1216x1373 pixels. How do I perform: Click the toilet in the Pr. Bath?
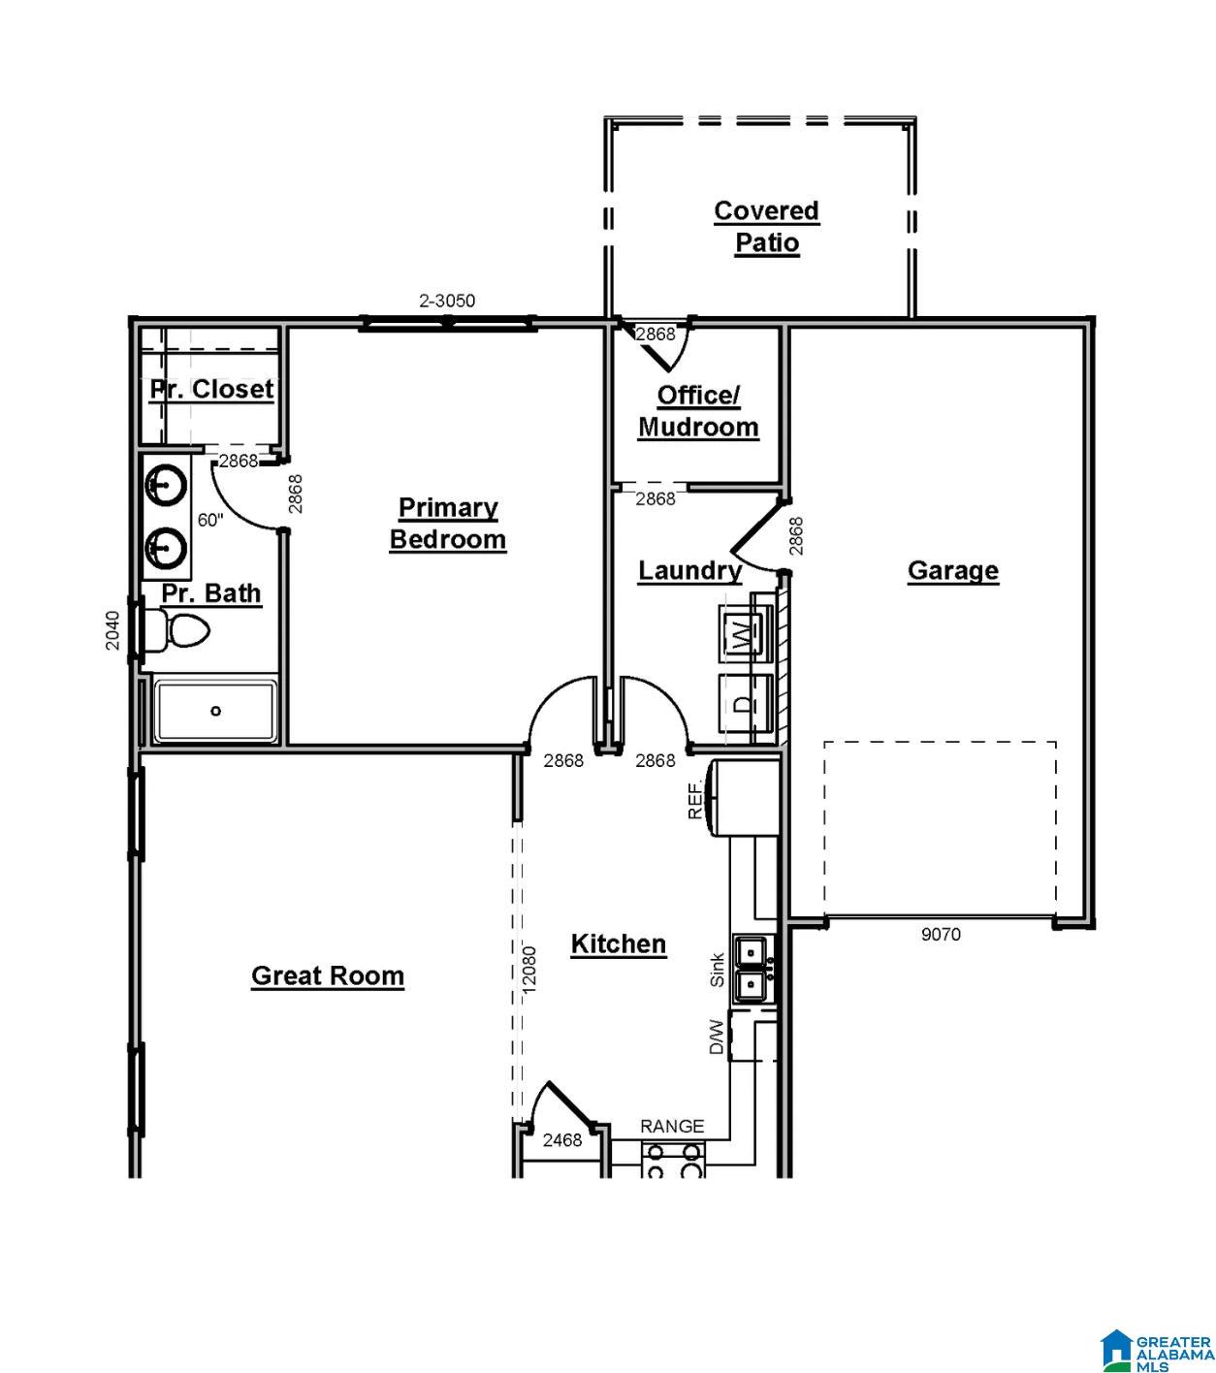point(176,630)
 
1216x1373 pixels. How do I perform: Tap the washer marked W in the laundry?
point(745,633)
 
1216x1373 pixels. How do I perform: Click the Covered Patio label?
point(766,226)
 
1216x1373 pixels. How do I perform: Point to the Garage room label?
point(952,570)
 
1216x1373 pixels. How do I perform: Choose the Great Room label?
point(328,975)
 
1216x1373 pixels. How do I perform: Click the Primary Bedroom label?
point(447,524)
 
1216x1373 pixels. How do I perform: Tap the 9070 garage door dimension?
point(941,935)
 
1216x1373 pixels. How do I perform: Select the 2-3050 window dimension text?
point(447,301)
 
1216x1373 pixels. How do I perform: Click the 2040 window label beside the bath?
point(112,630)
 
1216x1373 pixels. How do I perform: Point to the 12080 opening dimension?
point(528,970)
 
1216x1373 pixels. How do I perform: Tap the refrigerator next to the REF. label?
point(742,798)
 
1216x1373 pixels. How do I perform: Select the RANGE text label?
point(672,1127)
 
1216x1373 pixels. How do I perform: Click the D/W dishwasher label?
point(716,1037)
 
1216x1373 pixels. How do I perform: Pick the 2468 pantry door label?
point(561,1140)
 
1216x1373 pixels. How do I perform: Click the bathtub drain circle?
point(215,711)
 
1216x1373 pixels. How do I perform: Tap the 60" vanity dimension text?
point(210,520)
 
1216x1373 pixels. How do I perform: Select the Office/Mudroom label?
point(698,411)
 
